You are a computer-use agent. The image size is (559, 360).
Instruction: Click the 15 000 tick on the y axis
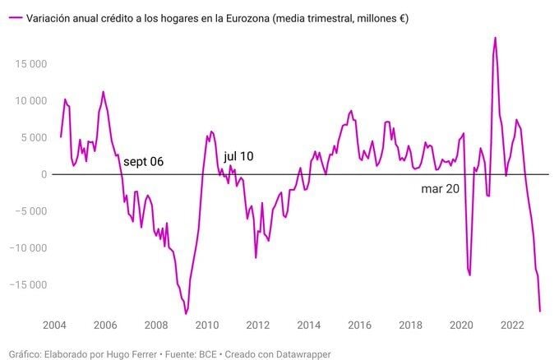[28, 64]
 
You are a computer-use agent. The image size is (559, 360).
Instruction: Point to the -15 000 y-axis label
[26, 285]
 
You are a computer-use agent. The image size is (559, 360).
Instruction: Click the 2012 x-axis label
[258, 325]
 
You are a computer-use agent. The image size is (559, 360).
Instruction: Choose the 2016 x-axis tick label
[359, 325]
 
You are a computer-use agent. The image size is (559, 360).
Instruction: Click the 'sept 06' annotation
[144, 162]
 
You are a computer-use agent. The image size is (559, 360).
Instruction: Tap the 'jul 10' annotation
[238, 156]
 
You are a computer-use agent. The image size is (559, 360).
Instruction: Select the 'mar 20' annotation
[440, 188]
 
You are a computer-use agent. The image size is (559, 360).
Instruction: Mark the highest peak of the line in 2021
[495, 37]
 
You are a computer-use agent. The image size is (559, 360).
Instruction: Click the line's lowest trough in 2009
[186, 314]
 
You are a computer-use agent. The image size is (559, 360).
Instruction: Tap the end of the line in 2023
[540, 311]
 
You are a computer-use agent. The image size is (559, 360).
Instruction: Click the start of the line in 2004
[61, 136]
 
